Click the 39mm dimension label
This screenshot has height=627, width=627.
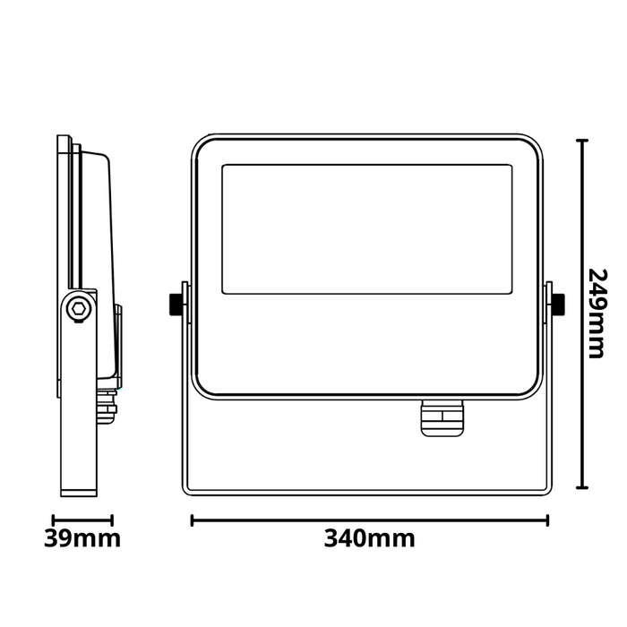pos(82,538)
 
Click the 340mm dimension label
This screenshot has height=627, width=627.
pos(369,538)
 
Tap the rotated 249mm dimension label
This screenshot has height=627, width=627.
pos(597,313)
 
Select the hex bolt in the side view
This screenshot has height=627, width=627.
pos(77,309)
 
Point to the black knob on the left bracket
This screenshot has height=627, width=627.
pos(176,304)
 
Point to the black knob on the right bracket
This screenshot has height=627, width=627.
pos(558,304)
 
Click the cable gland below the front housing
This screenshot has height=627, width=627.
pos(442,418)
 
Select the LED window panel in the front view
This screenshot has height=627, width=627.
pos(366,229)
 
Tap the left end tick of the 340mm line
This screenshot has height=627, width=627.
pos(193,520)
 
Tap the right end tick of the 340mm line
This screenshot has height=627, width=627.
pos(547,520)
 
